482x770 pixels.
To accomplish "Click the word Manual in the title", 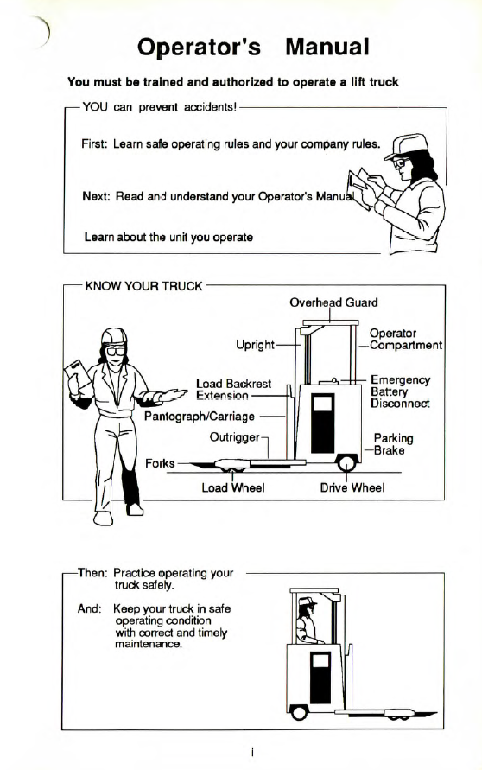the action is (327, 48).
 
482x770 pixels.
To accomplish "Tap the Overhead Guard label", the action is (333, 302).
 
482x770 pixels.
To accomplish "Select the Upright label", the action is (255, 345).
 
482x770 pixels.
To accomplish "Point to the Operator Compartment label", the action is (406, 340).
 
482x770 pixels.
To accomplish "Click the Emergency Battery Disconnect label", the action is (400, 391).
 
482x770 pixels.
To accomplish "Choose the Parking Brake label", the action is (393, 444).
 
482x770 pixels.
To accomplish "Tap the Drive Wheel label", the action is (352, 487).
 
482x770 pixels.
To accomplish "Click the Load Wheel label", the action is (232, 487).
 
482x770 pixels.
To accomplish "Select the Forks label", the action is (160, 463).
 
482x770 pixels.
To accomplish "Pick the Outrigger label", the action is (234, 437).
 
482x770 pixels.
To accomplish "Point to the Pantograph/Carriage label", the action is (200, 417).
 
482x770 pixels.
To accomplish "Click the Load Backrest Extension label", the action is (233, 390).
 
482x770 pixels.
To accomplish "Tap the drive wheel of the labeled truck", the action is (346, 463).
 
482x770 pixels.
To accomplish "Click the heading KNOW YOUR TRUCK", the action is (143, 286).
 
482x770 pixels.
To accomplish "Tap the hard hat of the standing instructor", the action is (114, 336).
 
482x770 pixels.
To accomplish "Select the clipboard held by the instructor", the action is (78, 376).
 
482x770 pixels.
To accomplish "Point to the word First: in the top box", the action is (94, 143).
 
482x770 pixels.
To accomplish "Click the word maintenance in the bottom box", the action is (149, 644).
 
